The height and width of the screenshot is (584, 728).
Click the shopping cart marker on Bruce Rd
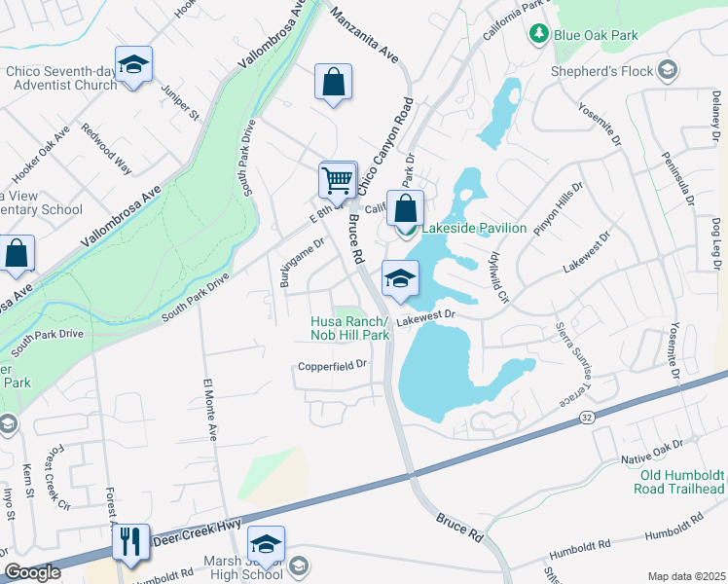(x=337, y=180)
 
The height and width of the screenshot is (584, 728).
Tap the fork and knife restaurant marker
(x=130, y=542)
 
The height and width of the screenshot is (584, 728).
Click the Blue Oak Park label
(x=596, y=35)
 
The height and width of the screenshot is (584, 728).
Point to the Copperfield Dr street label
(x=332, y=366)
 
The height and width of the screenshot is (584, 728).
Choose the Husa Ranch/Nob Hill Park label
(x=349, y=329)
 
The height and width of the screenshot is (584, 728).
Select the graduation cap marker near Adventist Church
(x=133, y=65)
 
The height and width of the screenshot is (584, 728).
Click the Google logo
(x=31, y=572)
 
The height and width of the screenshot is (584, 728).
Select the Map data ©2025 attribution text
(x=686, y=576)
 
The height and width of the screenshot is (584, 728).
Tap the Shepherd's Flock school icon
(x=667, y=69)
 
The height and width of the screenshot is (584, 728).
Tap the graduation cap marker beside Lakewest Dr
(x=399, y=279)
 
